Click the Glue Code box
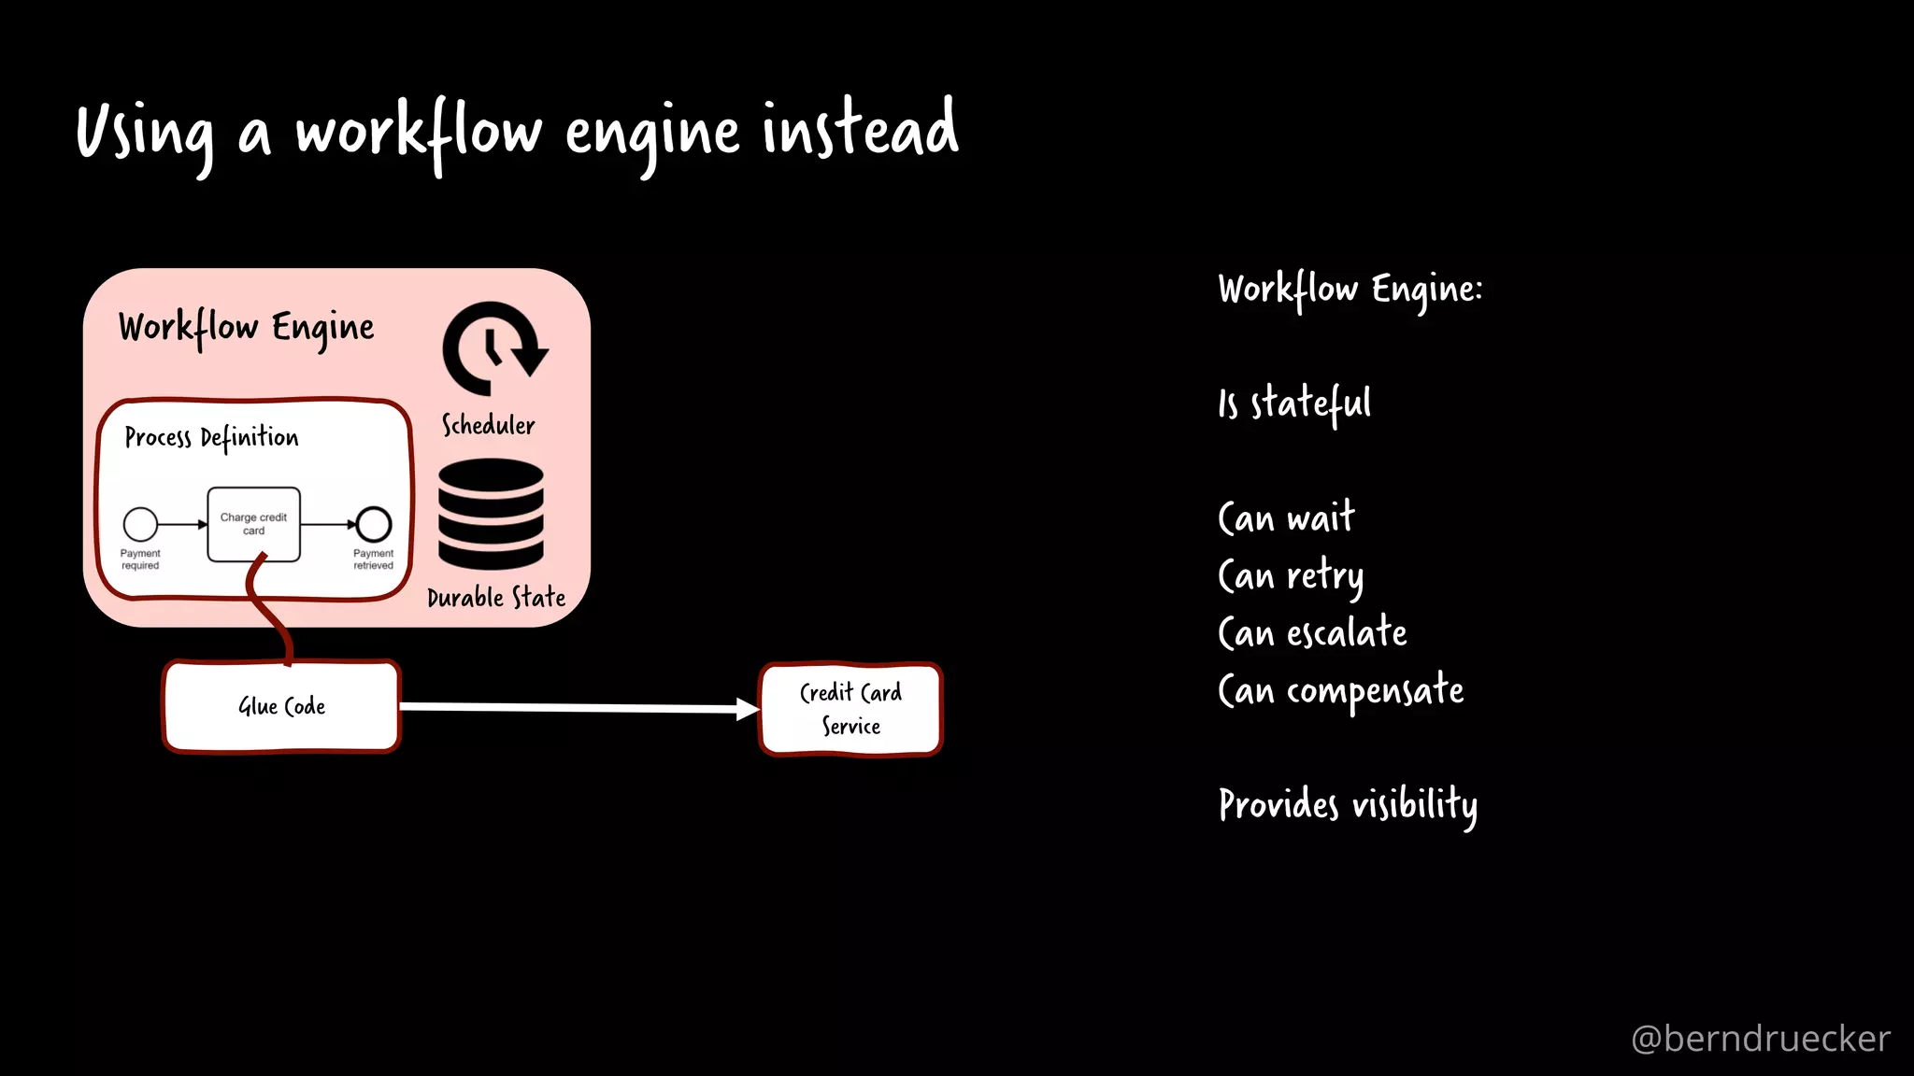pos(281,707)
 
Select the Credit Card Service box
pos(850,709)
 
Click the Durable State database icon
pos(491,514)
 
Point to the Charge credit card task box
pos(253,524)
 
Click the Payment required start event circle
pos(140,524)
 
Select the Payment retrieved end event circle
pos(374,524)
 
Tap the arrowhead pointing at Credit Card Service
pos(748,710)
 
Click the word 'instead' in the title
pos(860,131)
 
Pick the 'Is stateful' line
pos(1294,403)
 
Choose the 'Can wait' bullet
pos(1286,517)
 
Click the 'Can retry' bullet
pos(1291,575)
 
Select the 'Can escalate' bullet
pos(1312,633)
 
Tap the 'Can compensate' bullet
pos(1340,691)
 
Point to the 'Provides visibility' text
pos(1348,805)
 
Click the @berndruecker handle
pos(1760,1039)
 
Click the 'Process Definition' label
pos(212,438)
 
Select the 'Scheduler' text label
pos(488,426)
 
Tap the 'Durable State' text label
pos(496,598)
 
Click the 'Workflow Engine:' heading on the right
pos(1350,290)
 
